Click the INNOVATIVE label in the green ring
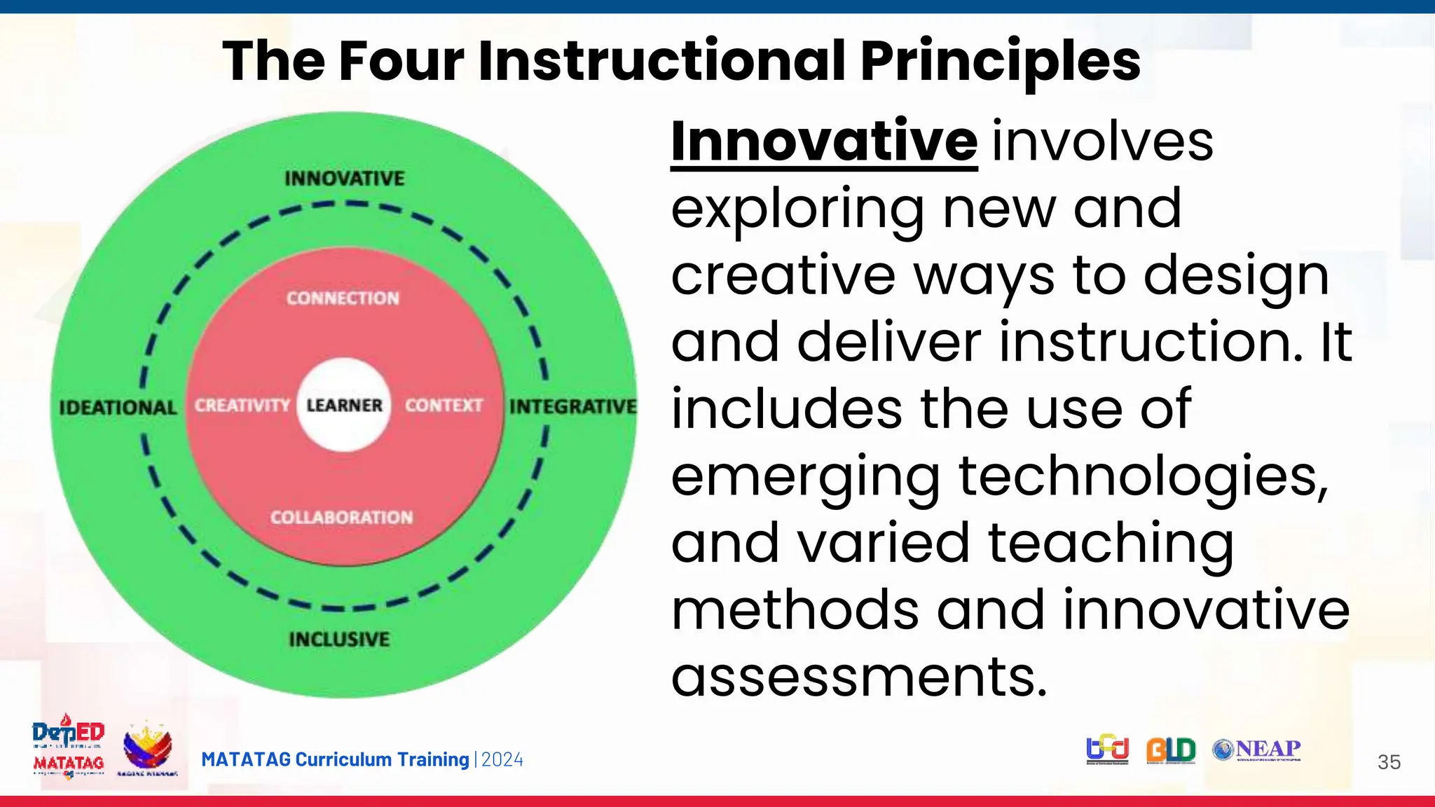[344, 179]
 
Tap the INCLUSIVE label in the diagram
[339, 639]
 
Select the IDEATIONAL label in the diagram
[118, 408]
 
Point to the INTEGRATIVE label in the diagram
[572, 406]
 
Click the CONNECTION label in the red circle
[343, 298]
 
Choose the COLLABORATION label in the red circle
[342, 518]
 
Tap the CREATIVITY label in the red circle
[242, 406]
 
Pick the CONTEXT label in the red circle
[444, 406]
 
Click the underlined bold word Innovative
[824, 142]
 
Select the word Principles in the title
[1000, 62]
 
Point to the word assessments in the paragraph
[859, 677]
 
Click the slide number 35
[1389, 762]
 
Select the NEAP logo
[1257, 750]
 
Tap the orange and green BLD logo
[1171, 750]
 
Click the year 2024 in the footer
[502, 760]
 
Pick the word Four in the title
[401, 62]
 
